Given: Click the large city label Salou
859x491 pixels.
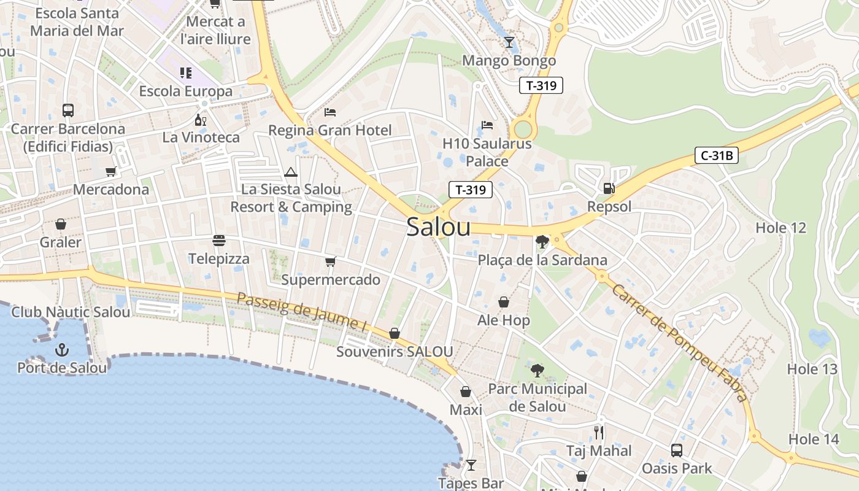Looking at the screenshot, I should point(439,227).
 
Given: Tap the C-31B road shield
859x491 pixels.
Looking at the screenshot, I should point(716,156).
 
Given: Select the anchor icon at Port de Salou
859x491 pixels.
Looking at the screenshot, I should point(62,350).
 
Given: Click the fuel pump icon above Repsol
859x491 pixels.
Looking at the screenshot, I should point(609,188).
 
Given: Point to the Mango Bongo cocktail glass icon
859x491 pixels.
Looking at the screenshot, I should point(509,42).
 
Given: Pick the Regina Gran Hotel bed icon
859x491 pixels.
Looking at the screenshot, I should point(330,112).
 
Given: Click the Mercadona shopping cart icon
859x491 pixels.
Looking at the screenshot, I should point(111,172).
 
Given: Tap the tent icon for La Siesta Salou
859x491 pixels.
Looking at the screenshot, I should point(291,172).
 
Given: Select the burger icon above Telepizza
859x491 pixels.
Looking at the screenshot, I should point(219,241).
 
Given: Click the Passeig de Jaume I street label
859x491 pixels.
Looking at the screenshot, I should point(301,313).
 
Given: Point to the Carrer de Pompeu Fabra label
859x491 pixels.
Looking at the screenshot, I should point(680,343).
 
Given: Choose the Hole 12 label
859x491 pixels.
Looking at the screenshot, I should point(780,228).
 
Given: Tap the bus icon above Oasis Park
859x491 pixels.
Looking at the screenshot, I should point(676,450).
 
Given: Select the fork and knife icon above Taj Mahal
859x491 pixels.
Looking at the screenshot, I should point(599,433).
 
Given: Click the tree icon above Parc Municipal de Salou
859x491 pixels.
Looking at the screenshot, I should point(537,371).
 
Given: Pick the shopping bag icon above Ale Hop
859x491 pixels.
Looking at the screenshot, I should point(504,302).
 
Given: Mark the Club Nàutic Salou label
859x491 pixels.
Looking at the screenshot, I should point(71,312).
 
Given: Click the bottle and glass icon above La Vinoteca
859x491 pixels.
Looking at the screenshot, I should point(199,119).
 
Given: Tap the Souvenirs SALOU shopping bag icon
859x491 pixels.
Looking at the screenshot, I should point(395,333).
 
